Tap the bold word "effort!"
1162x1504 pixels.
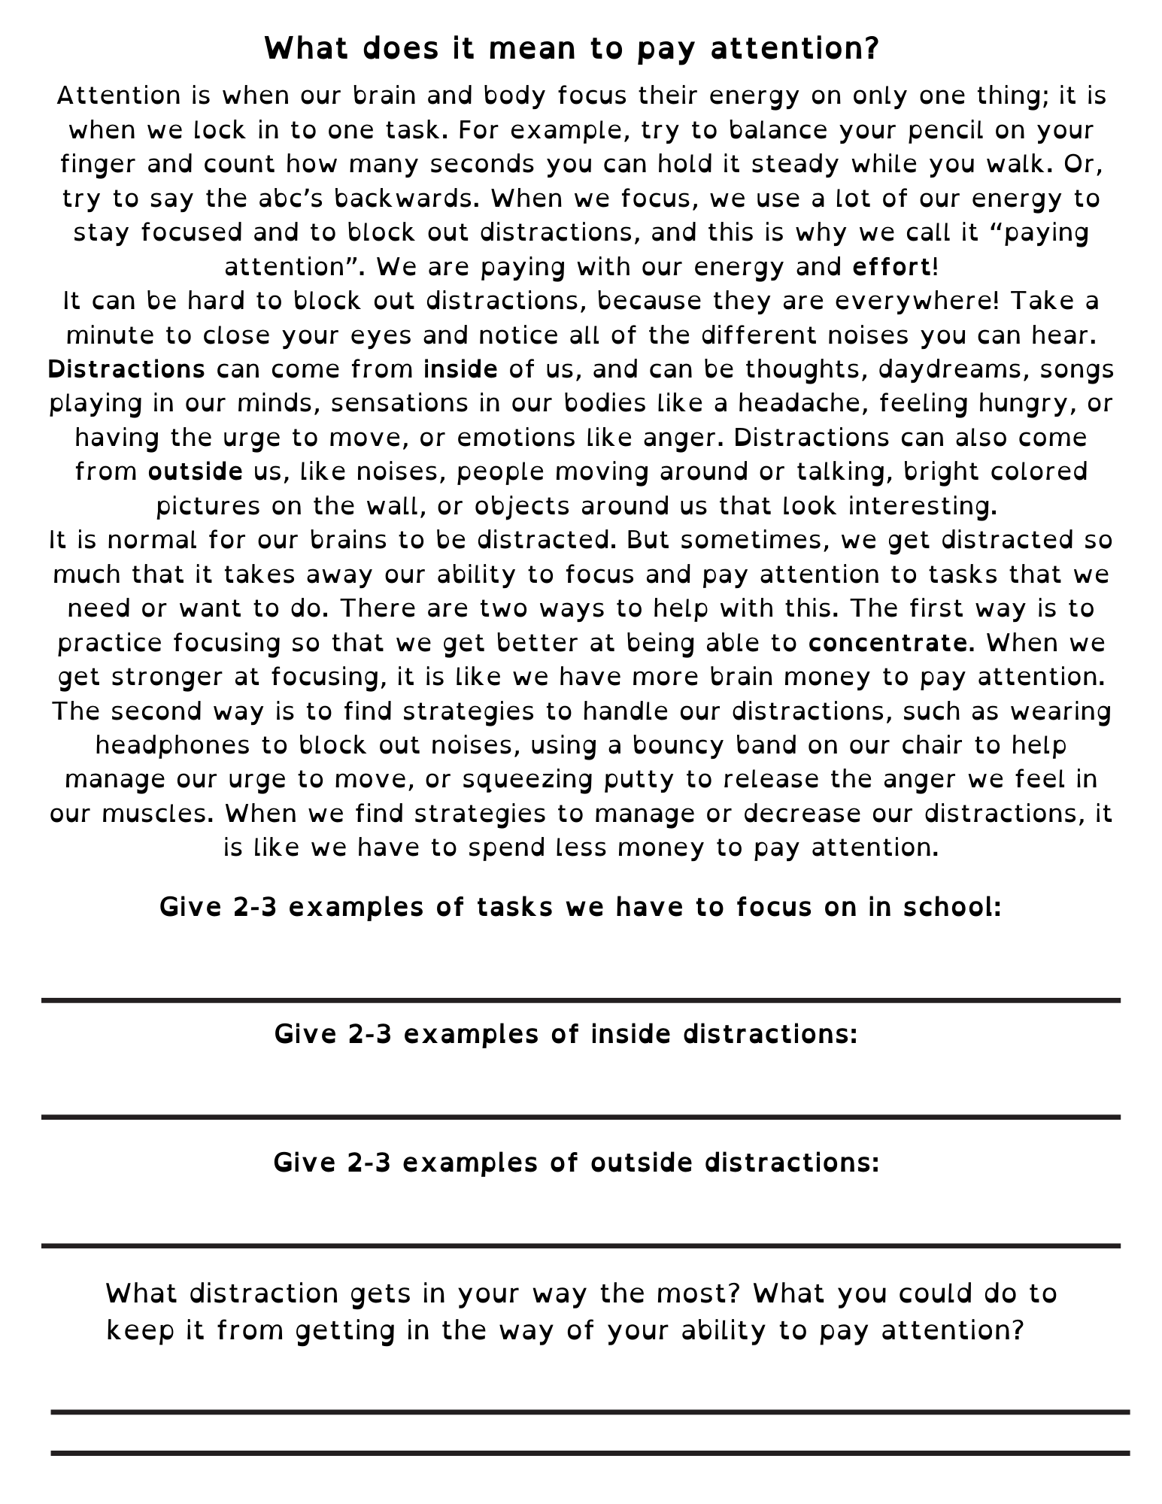[896, 267]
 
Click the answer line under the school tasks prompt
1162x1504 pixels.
[581, 1000]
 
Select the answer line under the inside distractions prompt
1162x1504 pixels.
[581, 1117]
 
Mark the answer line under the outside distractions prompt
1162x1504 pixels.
[581, 1246]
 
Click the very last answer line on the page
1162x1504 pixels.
[590, 1453]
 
